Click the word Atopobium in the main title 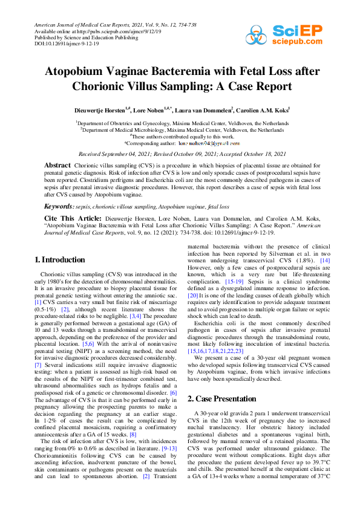[x=77, y=71]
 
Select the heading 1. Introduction [x=59, y=260]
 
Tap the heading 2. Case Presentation [x=222, y=399]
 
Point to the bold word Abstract [x=57, y=165]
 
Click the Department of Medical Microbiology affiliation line [x=179, y=129]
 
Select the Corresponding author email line [x=182, y=143]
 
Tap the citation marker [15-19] [x=227, y=282]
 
